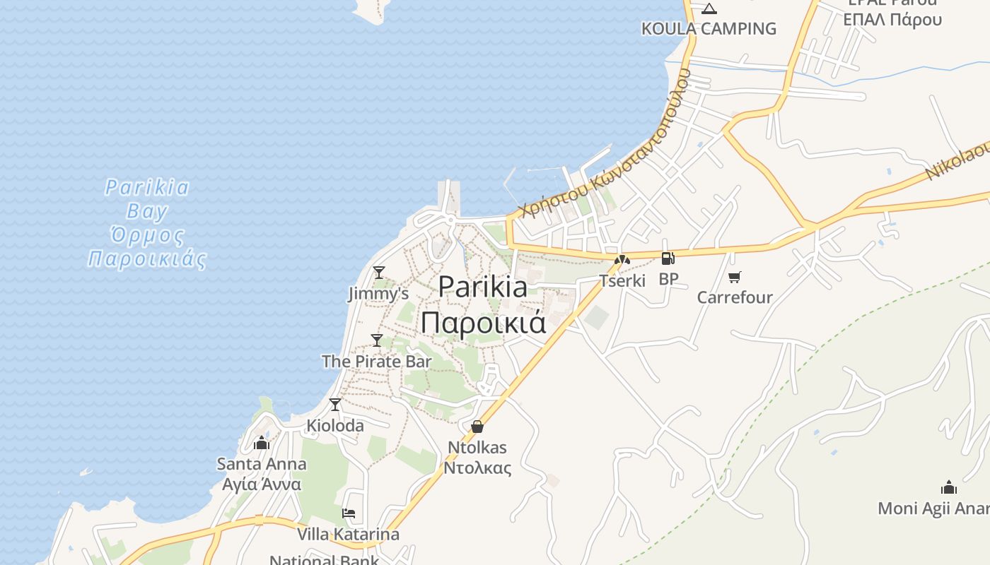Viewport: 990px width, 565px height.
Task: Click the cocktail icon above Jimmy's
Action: coord(379,272)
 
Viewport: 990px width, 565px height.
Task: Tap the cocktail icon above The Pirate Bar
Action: coord(377,340)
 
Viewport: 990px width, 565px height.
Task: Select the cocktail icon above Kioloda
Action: coord(335,405)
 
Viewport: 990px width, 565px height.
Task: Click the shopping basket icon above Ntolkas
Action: coord(477,427)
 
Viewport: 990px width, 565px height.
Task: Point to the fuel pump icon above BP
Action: coord(668,258)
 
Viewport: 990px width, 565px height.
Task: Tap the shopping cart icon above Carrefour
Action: coord(735,277)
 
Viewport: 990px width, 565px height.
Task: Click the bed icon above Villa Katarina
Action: coord(348,513)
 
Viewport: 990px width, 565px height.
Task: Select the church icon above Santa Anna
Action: coord(262,444)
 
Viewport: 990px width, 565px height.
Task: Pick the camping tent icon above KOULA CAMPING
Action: coord(709,9)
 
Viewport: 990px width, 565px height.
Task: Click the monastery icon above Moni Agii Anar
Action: coord(949,487)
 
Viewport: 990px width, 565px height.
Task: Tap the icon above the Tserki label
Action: coord(622,260)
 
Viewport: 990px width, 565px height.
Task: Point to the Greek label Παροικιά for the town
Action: coord(484,322)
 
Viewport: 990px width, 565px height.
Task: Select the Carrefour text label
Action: coord(735,297)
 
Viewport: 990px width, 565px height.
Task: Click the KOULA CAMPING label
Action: coord(709,29)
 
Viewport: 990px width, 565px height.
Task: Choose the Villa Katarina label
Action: coord(348,534)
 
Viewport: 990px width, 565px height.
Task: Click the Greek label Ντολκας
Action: coord(477,468)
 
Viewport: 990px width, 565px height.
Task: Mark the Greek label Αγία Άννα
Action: coord(262,484)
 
